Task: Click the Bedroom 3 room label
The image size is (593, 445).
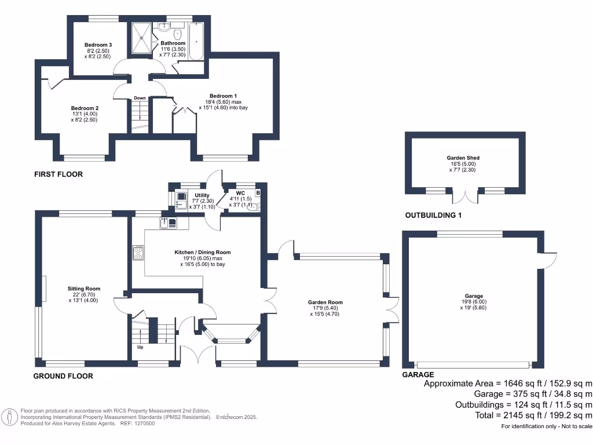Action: tap(98, 45)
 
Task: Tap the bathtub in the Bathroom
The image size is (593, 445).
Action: tap(196, 42)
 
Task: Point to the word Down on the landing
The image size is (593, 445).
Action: tap(140, 98)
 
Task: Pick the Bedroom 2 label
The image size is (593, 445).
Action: tap(85, 108)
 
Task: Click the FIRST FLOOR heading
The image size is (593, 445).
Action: tap(58, 174)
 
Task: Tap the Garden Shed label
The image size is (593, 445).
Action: tap(463, 158)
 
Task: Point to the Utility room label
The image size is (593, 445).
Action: tap(202, 195)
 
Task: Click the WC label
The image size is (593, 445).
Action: tap(241, 192)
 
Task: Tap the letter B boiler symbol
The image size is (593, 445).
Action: tap(258, 192)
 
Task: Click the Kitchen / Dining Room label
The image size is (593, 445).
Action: tap(203, 252)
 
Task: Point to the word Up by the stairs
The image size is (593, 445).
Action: tap(140, 347)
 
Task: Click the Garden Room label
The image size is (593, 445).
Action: tap(325, 302)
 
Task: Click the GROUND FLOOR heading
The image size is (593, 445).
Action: tap(63, 376)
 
